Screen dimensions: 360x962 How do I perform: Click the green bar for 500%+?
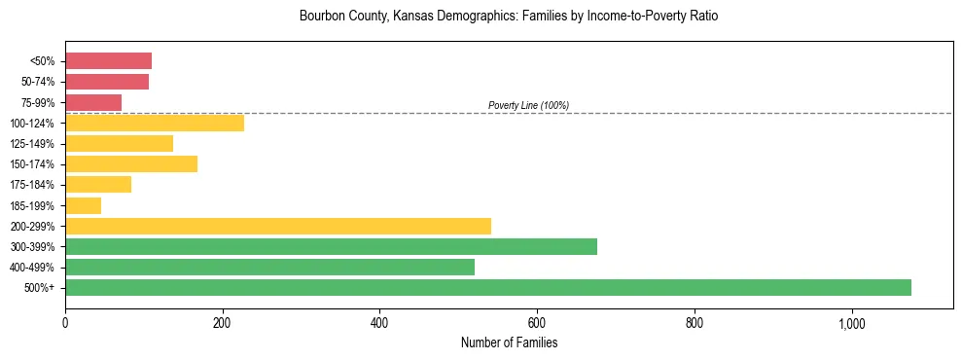click(487, 287)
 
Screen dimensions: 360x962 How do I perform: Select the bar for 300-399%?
click(331, 246)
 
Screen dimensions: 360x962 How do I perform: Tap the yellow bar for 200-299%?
click(277, 226)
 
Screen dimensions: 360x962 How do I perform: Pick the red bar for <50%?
click(108, 61)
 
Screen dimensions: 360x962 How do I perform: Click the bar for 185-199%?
click(83, 205)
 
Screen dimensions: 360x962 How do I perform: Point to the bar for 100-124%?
click(154, 124)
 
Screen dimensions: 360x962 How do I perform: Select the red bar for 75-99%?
click(93, 102)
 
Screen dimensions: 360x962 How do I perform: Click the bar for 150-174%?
click(131, 164)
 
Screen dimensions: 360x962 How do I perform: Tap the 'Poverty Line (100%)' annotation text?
click(528, 105)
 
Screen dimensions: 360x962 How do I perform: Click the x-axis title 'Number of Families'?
click(509, 342)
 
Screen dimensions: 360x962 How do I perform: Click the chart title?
click(509, 18)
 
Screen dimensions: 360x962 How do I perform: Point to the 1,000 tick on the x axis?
click(851, 322)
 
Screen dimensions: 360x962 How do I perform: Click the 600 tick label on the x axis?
click(537, 322)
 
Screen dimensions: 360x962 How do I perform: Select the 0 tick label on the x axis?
click(65, 322)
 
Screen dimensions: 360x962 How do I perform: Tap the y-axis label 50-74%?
click(37, 83)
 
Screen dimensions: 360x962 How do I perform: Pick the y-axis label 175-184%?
click(33, 185)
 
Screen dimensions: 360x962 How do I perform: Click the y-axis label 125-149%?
click(33, 144)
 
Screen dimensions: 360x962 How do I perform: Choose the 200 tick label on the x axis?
click(222, 322)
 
